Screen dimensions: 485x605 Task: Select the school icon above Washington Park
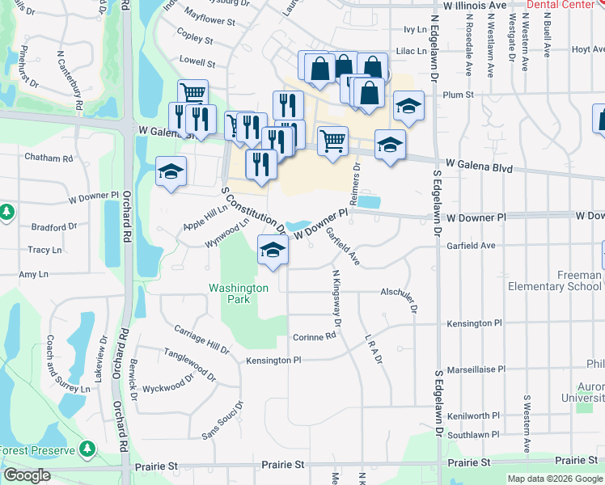pos(273,250)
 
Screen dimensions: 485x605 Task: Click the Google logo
pos(27,475)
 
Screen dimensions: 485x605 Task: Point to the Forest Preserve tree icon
pos(87,449)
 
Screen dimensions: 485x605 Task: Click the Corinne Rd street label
pos(314,337)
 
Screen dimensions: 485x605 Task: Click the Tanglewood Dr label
pos(190,365)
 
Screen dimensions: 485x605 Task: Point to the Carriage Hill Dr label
pos(201,339)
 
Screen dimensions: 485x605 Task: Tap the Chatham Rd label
pos(49,157)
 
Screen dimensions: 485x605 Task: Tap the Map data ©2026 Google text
pos(554,479)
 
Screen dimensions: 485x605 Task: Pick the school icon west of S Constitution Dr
pos(170,173)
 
